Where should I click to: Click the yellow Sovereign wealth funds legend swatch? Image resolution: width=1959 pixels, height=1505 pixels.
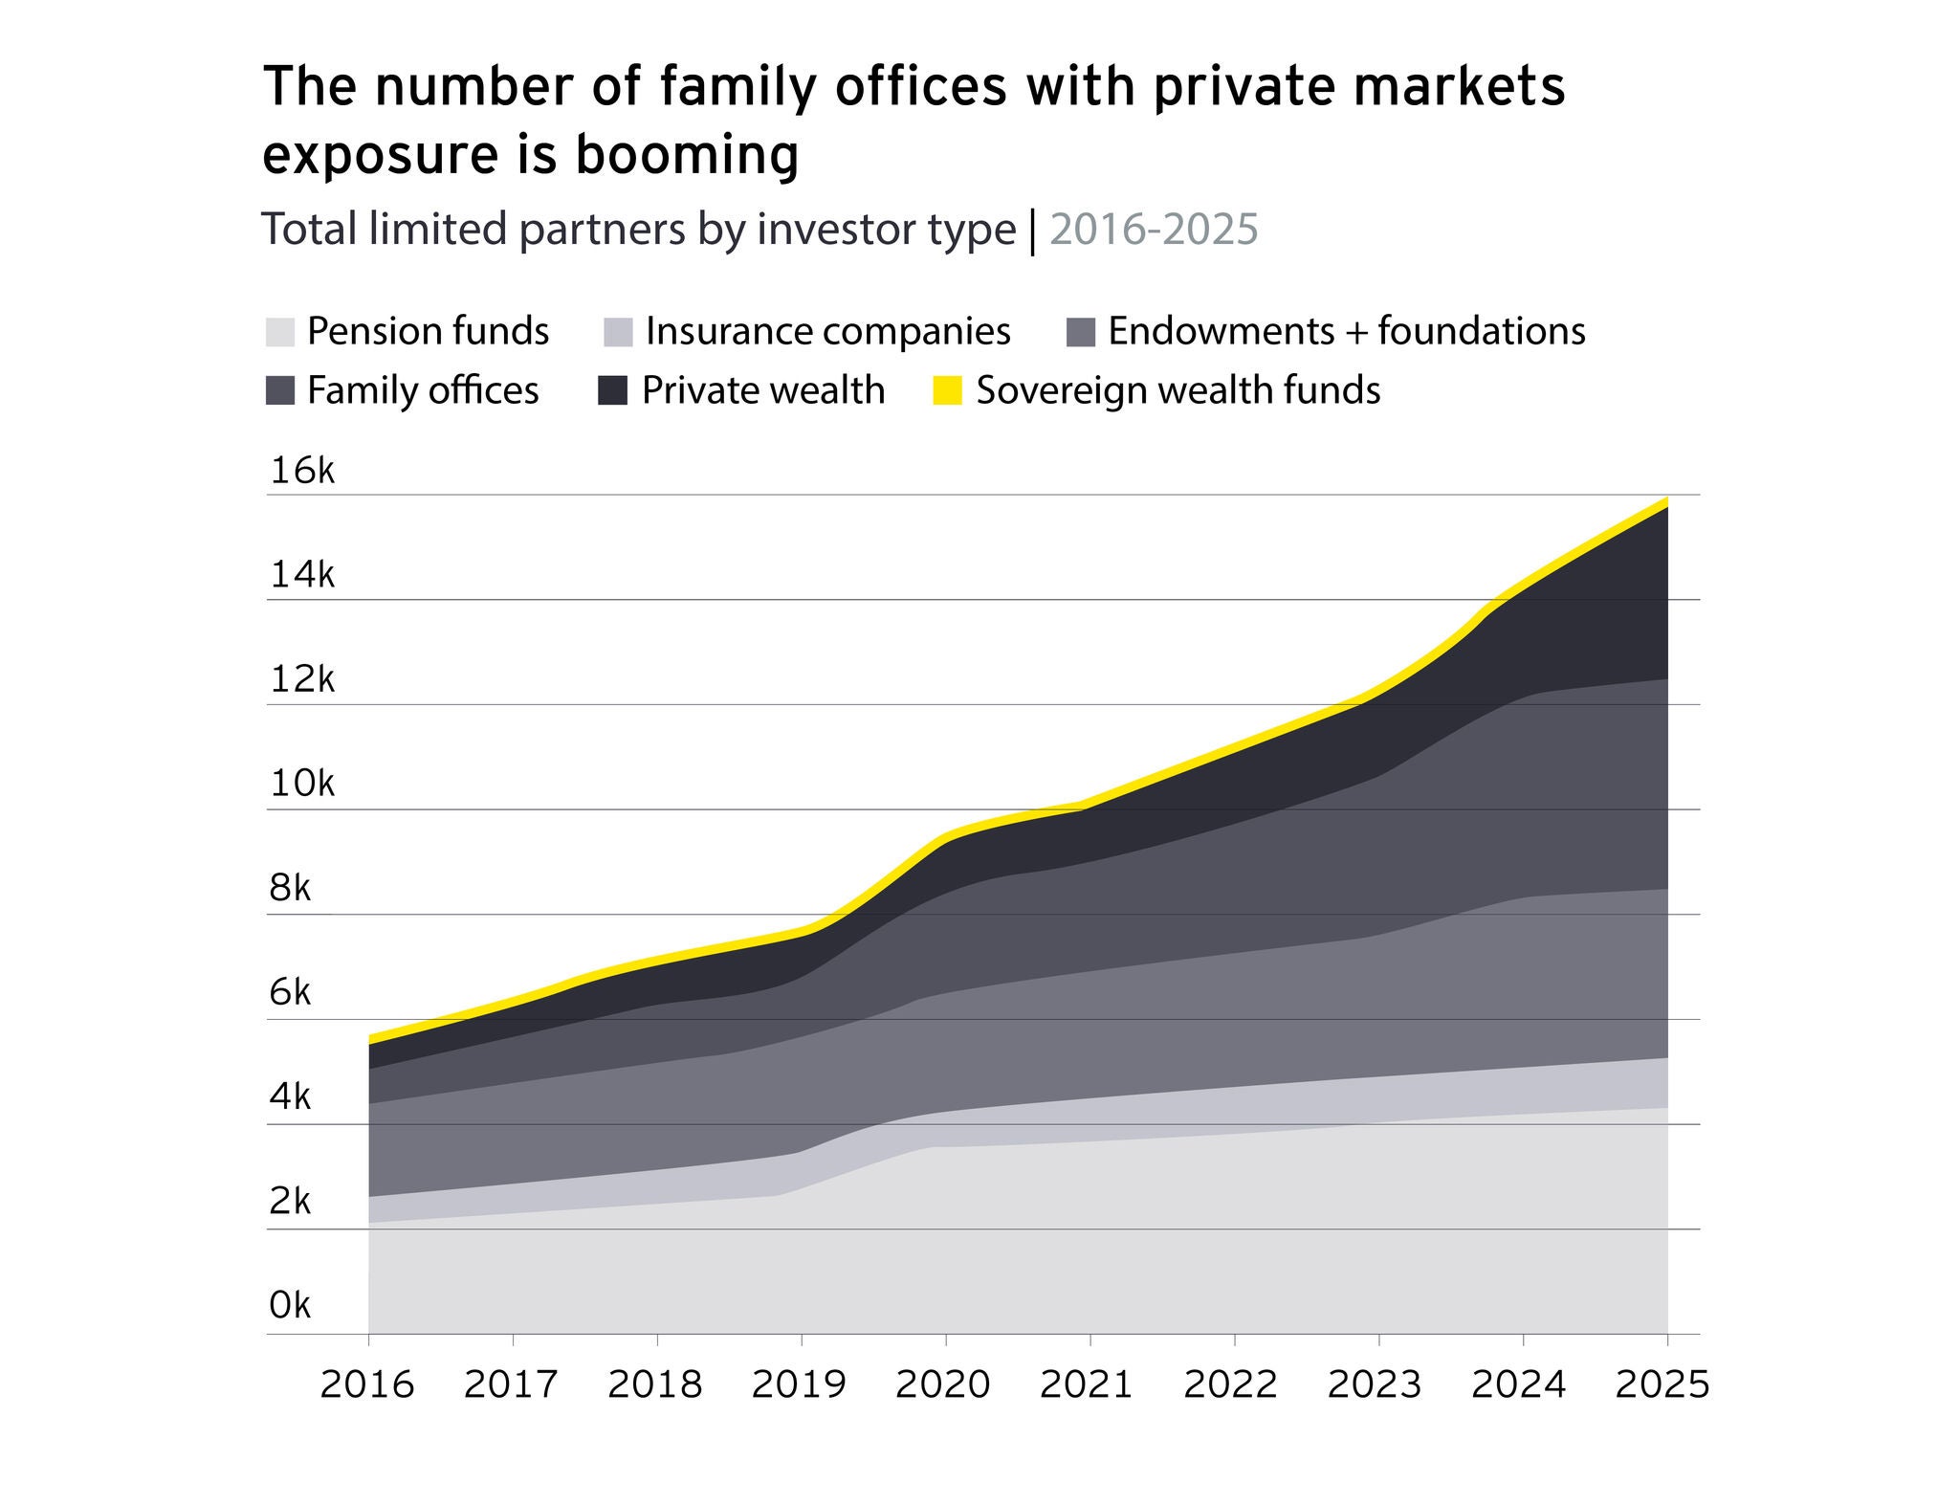click(947, 390)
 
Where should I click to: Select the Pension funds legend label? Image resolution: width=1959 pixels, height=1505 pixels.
click(428, 332)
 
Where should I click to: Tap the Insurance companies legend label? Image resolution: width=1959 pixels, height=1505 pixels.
click(827, 332)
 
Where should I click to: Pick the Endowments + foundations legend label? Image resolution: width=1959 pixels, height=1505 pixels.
click(1347, 332)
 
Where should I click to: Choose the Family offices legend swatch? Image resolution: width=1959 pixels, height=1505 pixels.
click(279, 390)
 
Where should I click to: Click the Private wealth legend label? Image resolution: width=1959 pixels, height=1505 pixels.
click(762, 390)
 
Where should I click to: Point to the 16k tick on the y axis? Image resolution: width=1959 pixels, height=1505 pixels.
click(302, 471)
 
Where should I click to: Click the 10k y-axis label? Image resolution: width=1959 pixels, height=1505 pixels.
click(302, 785)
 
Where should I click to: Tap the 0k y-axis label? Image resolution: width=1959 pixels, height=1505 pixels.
click(290, 1305)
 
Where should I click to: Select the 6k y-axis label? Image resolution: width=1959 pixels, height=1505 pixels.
click(290, 993)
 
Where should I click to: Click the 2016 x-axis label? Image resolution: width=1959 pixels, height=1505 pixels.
click(367, 1384)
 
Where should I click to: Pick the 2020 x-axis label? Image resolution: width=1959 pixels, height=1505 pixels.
click(943, 1384)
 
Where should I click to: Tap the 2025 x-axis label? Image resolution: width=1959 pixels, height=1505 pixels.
click(1662, 1384)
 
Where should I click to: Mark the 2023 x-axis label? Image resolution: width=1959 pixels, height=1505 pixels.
click(1375, 1384)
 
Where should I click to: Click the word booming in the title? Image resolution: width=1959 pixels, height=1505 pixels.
click(686, 156)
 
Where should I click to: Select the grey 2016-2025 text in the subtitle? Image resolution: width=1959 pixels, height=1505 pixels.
click(1154, 230)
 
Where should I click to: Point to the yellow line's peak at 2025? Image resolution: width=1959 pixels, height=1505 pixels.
click(1665, 501)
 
